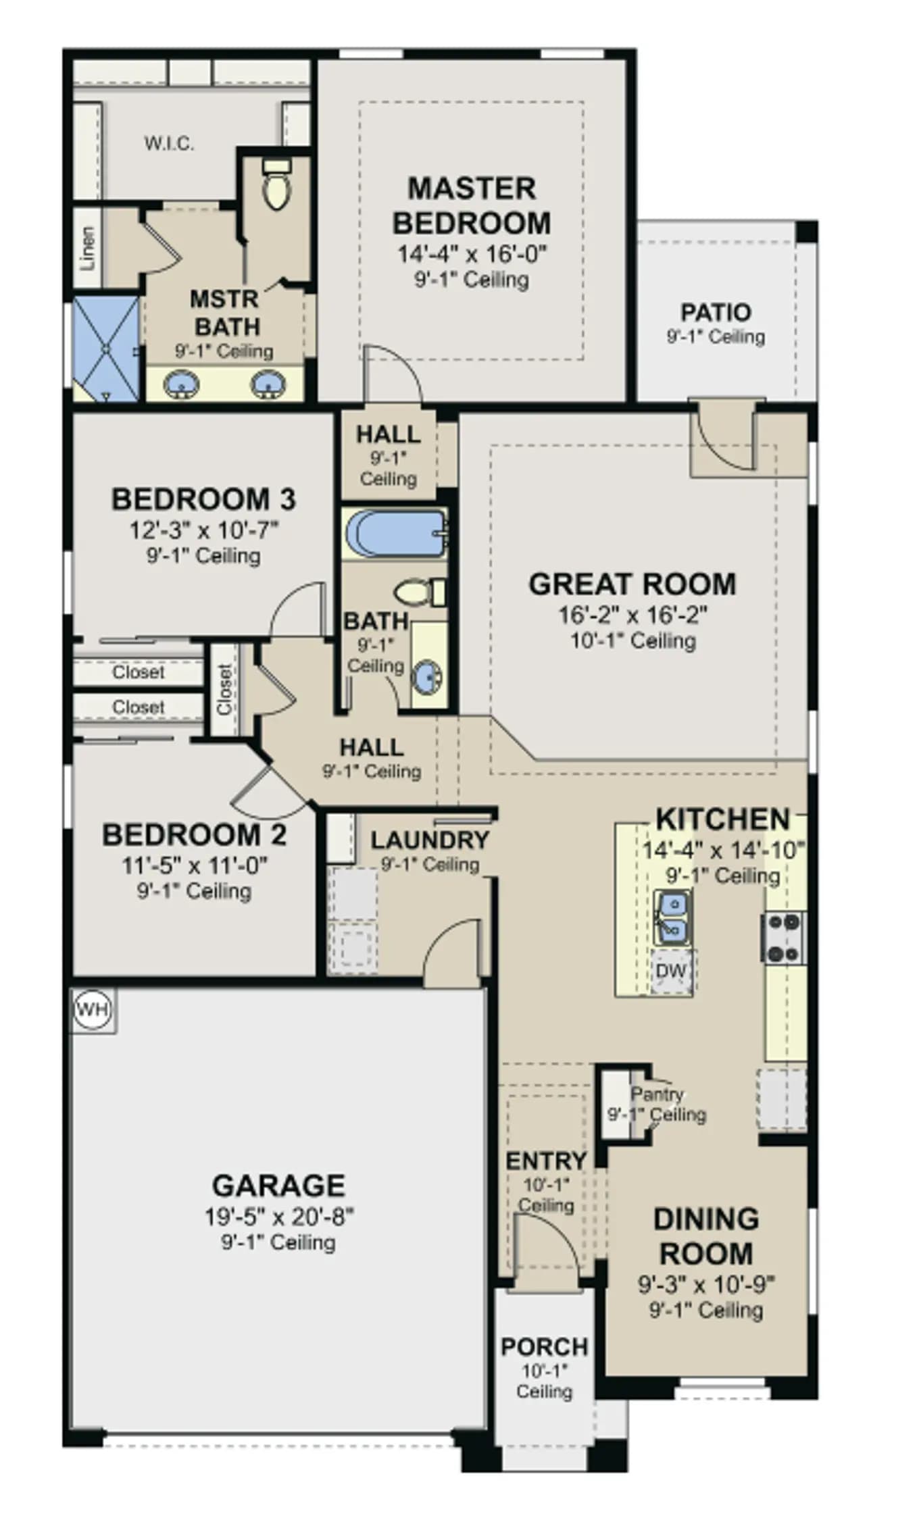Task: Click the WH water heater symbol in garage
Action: click(92, 1010)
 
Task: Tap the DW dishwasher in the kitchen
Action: click(671, 971)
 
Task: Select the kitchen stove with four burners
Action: click(784, 937)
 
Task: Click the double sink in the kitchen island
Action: click(672, 917)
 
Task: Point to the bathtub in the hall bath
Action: click(395, 533)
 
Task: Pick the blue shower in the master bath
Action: click(106, 349)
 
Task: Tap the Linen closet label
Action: click(87, 248)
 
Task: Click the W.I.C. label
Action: click(169, 143)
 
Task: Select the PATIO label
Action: click(716, 312)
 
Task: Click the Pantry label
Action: click(657, 1093)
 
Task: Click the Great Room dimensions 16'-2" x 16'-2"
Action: click(633, 615)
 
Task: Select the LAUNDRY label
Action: click(430, 840)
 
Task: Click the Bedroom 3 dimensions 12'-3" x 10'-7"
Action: click(203, 530)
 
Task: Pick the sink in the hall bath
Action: click(427, 676)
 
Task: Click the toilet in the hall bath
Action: click(420, 592)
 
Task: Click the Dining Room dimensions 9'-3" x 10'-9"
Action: click(706, 1283)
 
